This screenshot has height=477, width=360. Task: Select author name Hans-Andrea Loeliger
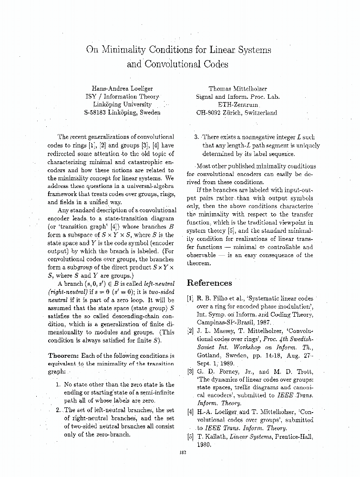click(122, 88)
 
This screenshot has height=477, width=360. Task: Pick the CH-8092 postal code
click(209, 113)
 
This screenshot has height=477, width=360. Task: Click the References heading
click(209, 283)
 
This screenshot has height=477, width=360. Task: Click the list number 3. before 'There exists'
click(196, 137)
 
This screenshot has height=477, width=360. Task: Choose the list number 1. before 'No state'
click(57, 384)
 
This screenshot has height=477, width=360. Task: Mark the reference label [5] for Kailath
click(190, 437)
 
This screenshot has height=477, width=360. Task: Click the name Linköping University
click(122, 104)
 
